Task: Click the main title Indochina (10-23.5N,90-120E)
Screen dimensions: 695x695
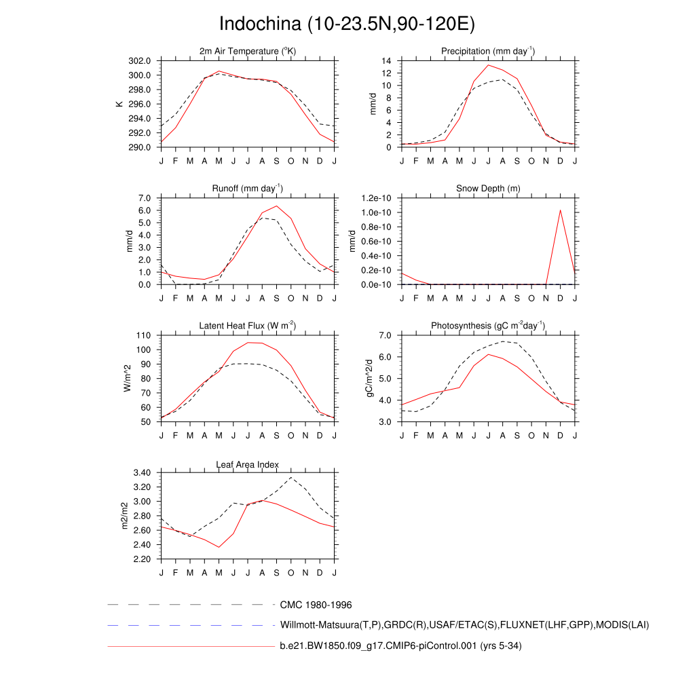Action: click(x=347, y=24)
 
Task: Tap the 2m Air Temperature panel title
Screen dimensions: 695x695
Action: click(x=248, y=52)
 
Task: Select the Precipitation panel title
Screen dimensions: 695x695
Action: click(x=487, y=52)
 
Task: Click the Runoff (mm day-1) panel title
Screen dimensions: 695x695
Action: click(x=248, y=188)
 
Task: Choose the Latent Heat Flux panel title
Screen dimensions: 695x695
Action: click(x=248, y=326)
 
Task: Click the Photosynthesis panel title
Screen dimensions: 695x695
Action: click(x=488, y=326)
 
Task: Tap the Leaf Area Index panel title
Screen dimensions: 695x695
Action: click(x=248, y=465)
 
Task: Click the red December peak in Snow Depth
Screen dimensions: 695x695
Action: click(x=561, y=210)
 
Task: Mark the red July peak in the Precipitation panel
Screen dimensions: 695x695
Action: click(x=489, y=65)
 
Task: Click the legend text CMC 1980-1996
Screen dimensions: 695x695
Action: click(x=316, y=604)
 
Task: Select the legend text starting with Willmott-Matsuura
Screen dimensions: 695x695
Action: click(x=464, y=624)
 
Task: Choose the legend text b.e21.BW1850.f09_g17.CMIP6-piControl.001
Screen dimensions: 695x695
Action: click(x=400, y=646)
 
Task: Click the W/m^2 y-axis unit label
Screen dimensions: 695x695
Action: click(x=127, y=379)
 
